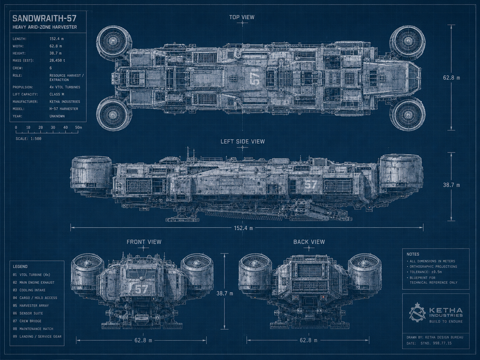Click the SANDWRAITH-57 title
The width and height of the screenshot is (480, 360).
(45, 19)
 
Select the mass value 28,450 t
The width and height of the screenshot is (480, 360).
(57, 60)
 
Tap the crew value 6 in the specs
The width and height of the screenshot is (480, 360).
(51, 68)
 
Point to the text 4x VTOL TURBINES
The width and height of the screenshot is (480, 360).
(65, 87)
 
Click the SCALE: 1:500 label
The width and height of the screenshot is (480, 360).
(29, 139)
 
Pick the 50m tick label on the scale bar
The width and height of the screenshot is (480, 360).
(78, 127)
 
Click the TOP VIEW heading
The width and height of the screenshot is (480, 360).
(242, 17)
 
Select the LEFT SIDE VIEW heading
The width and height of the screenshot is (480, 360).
(243, 142)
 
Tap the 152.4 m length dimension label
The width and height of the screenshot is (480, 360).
(243, 228)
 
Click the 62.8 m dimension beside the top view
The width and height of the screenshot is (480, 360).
(451, 78)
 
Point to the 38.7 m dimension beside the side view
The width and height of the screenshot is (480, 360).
(451, 185)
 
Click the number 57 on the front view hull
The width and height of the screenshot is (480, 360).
(141, 289)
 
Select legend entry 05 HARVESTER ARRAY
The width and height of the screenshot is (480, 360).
(30, 306)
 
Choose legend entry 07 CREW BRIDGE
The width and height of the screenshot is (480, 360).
(27, 321)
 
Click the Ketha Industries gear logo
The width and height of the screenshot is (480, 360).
(417, 312)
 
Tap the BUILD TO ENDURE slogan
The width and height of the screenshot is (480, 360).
(446, 322)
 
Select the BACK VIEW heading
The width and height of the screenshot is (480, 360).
(309, 242)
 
